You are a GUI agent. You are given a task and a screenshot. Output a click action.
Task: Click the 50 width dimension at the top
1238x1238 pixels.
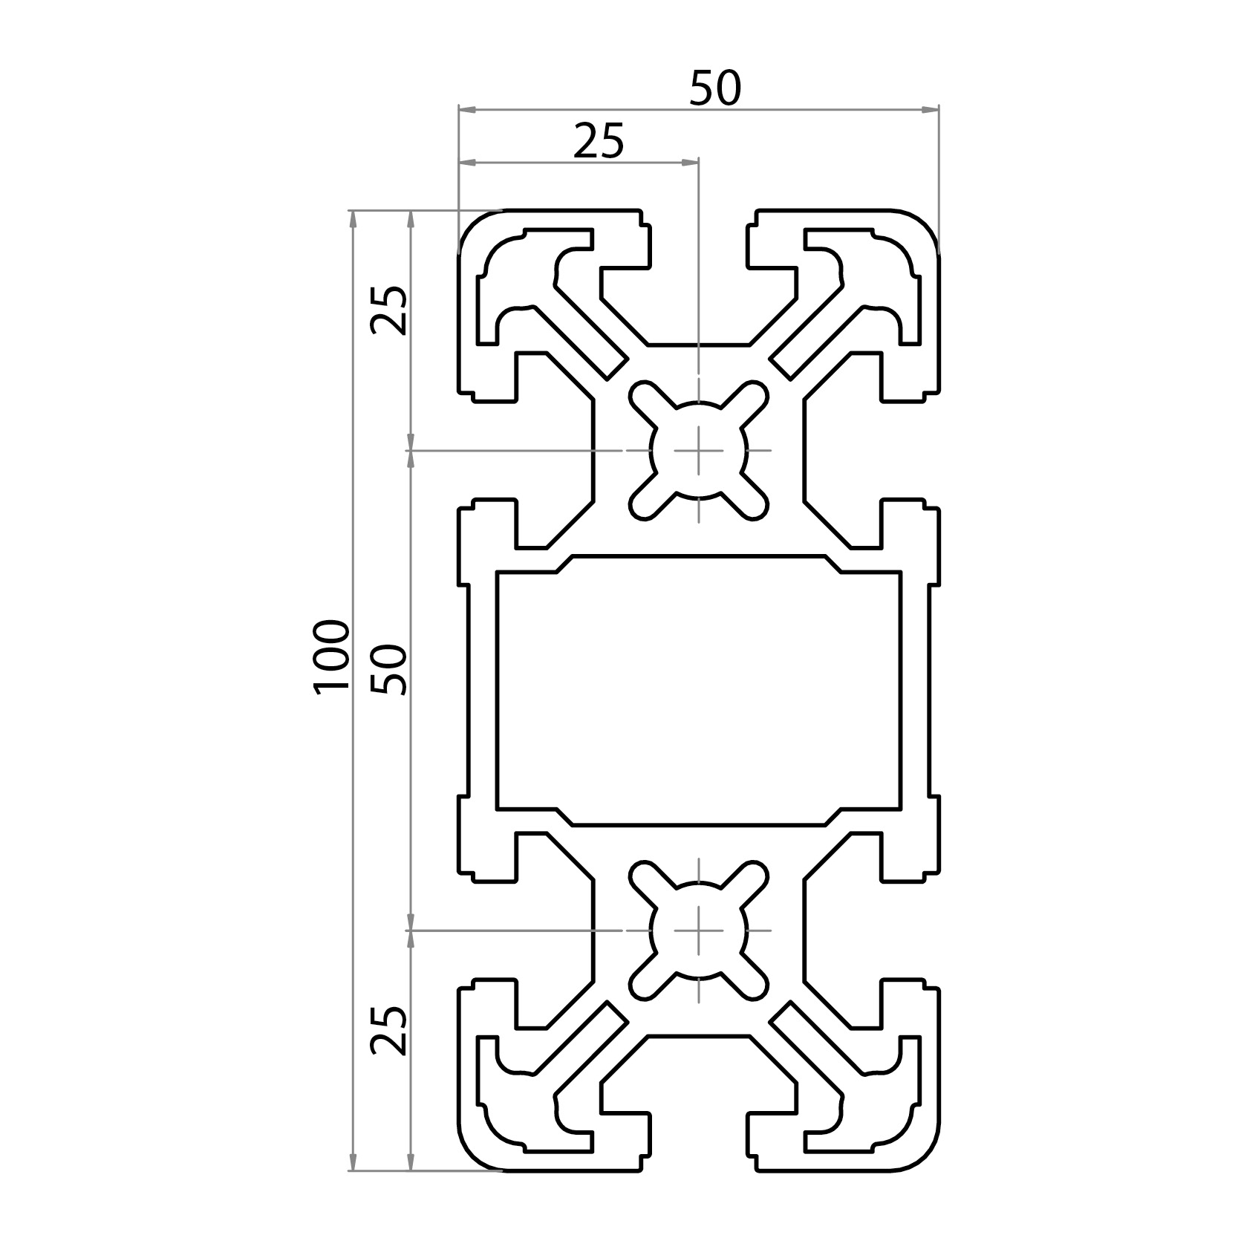(715, 89)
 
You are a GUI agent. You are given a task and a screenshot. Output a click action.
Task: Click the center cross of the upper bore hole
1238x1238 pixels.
(699, 450)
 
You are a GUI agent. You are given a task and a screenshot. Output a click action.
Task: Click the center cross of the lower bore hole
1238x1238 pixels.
(699, 930)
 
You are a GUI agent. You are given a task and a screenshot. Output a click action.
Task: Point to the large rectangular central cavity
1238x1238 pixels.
(699, 690)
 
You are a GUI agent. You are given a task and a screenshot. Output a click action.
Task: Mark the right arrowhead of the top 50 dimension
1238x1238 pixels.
(933, 110)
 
